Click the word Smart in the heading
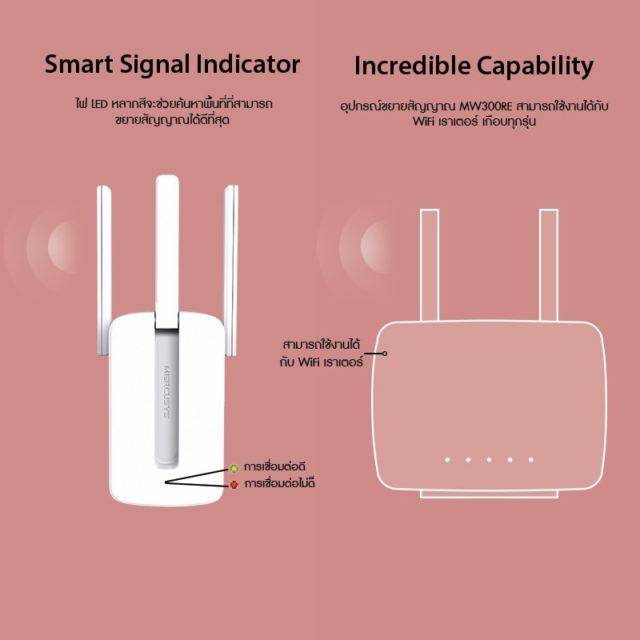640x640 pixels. click(x=78, y=64)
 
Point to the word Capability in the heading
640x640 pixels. click(x=534, y=67)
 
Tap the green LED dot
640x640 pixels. click(x=234, y=468)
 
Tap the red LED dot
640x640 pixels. click(x=234, y=485)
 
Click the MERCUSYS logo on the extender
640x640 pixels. click(x=166, y=392)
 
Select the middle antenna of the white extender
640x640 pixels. click(x=167, y=252)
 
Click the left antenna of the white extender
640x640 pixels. click(x=104, y=270)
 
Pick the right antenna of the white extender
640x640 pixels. click(x=230, y=270)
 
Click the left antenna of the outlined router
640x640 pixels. click(x=430, y=266)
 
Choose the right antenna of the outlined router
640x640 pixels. click(x=549, y=266)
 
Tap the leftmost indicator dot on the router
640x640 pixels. click(x=447, y=459)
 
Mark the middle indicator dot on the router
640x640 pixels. click(x=489, y=459)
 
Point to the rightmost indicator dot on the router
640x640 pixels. click(x=531, y=459)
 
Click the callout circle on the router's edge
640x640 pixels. click(x=385, y=354)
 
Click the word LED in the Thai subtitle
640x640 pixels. click(x=99, y=105)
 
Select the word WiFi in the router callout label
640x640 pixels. click(x=309, y=362)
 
